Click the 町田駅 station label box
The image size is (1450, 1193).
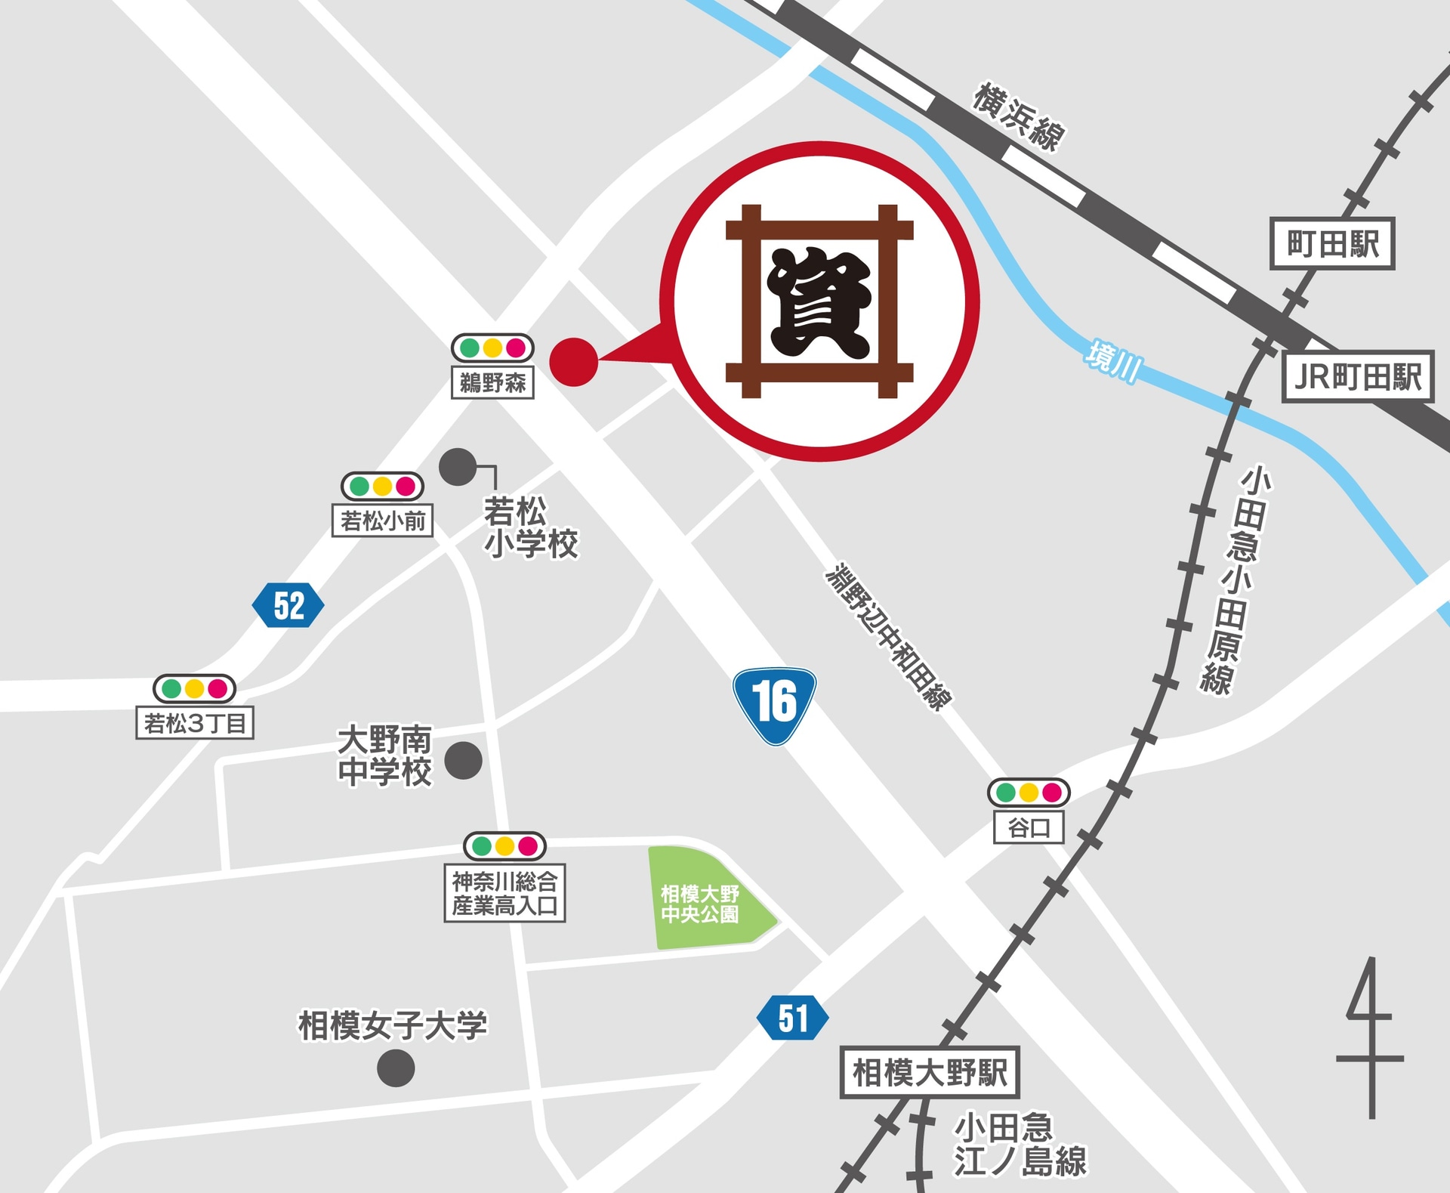click(x=1332, y=243)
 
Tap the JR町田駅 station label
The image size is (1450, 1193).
click(x=1358, y=376)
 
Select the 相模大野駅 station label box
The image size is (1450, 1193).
click(x=930, y=1072)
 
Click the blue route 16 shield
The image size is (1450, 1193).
click(x=774, y=705)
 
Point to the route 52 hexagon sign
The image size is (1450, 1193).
click(x=288, y=605)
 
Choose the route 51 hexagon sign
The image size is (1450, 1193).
click(x=792, y=1018)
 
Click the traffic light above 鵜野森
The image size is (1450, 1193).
click(x=492, y=348)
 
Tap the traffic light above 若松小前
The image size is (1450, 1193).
click(x=382, y=486)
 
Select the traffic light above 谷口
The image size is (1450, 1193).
click(x=1029, y=793)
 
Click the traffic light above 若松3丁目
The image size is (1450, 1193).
click(x=194, y=688)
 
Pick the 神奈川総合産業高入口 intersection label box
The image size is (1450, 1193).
click(x=504, y=893)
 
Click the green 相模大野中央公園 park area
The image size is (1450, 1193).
click(x=702, y=899)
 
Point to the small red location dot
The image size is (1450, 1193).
click(x=574, y=362)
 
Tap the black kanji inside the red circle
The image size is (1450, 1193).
click(x=819, y=302)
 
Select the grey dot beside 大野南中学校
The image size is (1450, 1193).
click(x=463, y=760)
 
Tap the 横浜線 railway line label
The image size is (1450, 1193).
click(x=1018, y=117)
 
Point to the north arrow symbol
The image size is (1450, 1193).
click(x=1370, y=1039)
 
